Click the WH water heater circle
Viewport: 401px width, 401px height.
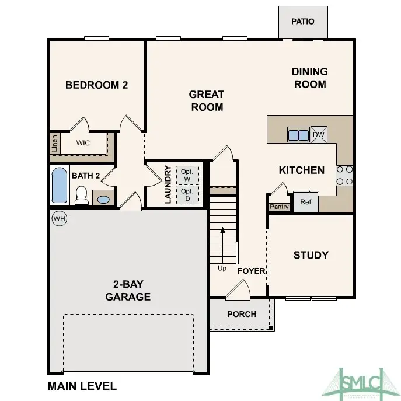coord(59,218)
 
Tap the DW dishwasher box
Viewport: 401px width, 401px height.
coord(319,135)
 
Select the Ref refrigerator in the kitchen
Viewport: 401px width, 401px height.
coord(305,202)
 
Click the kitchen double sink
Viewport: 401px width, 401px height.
coord(298,135)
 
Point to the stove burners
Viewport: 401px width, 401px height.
coord(344,175)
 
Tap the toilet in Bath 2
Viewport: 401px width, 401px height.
coord(82,195)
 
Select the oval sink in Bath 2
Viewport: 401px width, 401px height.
coord(103,200)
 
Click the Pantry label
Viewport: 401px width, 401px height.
coord(279,207)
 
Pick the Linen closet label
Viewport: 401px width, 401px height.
coord(55,143)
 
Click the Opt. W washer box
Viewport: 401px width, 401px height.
coord(187,175)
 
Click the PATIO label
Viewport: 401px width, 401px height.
coord(302,22)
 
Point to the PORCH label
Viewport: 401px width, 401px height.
coord(242,314)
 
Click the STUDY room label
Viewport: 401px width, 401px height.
coord(311,255)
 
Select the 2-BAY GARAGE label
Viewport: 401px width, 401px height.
coord(128,291)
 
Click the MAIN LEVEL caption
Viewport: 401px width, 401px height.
coord(82,386)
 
